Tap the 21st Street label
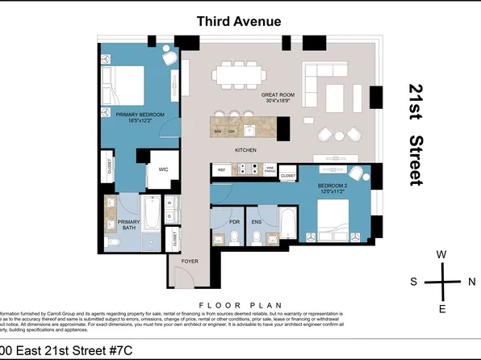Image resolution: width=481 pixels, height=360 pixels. click(x=416, y=135)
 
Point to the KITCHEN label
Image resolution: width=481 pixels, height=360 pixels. click(x=246, y=151)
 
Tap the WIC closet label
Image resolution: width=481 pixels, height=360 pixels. click(x=162, y=170)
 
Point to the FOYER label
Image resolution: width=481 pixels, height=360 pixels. click(x=189, y=262)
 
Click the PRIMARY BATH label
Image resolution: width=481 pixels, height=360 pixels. click(x=129, y=224)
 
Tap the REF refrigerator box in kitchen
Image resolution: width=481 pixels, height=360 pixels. click(x=221, y=170)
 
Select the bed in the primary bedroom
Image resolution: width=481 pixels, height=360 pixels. click(x=123, y=84)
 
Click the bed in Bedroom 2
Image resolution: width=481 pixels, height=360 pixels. click(x=333, y=217)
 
